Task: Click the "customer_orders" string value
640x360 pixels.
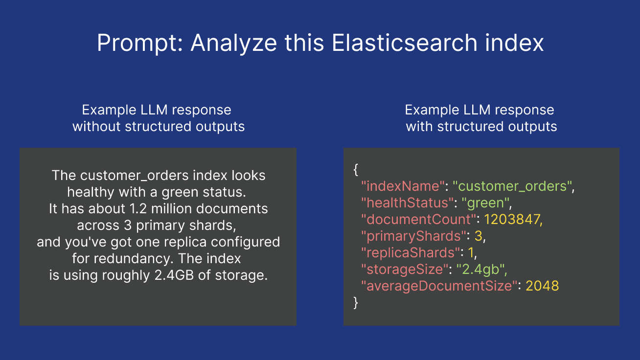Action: pos(512,186)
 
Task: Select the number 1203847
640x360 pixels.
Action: pos(513,220)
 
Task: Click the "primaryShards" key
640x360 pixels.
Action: pos(413,236)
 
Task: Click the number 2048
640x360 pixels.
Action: pos(542,286)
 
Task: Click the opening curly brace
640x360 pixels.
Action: pos(356,170)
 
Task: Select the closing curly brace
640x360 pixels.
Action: pos(356,303)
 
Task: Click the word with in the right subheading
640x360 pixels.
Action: pos(419,126)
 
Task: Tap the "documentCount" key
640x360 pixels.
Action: pos(418,220)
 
